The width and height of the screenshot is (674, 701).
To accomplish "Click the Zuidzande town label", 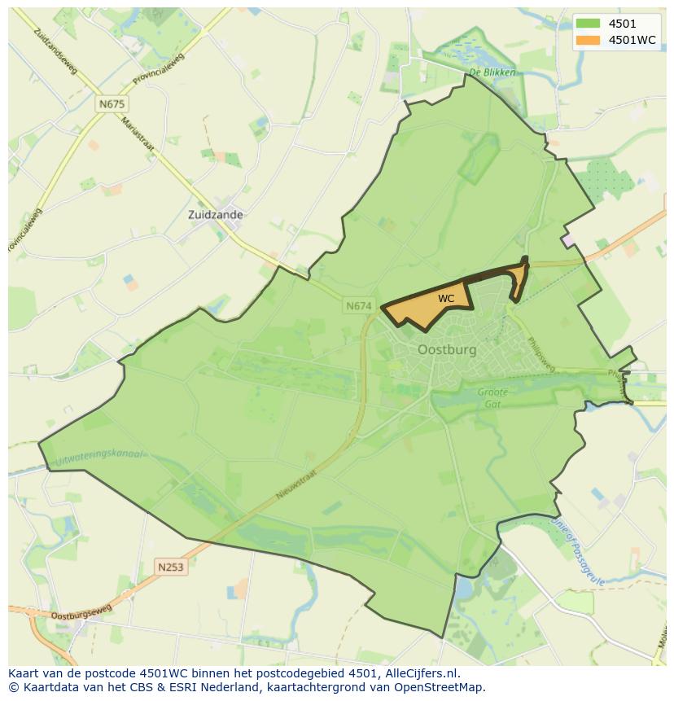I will pyautogui.click(x=215, y=215).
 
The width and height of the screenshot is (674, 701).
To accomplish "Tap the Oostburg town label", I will pyautogui.click(x=446, y=349).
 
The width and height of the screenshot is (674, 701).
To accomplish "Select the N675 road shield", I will pyautogui.click(x=112, y=104).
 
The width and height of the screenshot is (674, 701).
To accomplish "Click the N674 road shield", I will pyautogui.click(x=358, y=306).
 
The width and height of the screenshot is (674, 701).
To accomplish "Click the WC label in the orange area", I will pyautogui.click(x=445, y=299).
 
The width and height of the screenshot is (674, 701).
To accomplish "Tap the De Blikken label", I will pyautogui.click(x=492, y=72).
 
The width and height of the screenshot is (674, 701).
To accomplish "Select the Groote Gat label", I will pyautogui.click(x=492, y=397).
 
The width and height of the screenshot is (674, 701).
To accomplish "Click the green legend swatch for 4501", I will pyautogui.click(x=588, y=24).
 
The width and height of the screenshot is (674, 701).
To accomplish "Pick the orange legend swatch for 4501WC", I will pyautogui.click(x=588, y=40).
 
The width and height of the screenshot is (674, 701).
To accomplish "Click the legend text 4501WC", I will pyautogui.click(x=632, y=40).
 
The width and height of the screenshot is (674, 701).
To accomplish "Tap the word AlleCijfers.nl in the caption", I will pyautogui.click(x=420, y=673).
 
